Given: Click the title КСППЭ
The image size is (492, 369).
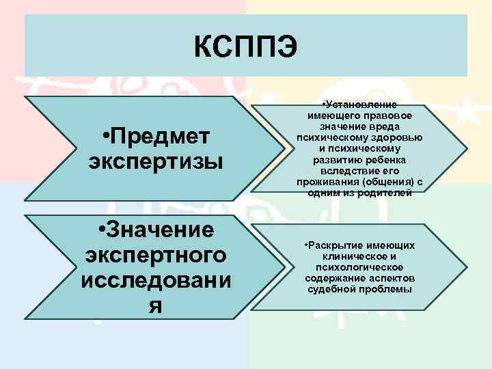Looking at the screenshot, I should [245, 46].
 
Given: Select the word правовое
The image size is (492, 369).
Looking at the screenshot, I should [392, 117].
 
